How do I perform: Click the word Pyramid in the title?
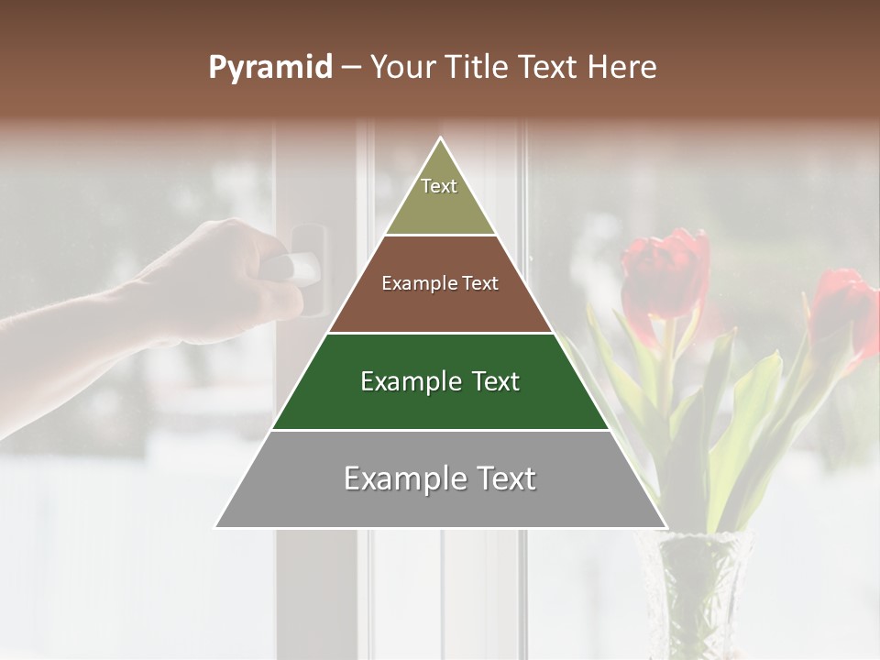(269, 68)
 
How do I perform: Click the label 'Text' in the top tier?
(439, 186)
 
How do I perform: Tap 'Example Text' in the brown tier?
(440, 283)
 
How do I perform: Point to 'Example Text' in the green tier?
(440, 381)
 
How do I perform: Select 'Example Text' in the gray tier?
(440, 478)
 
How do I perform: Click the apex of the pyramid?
(441, 138)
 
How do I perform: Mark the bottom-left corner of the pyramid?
(216, 526)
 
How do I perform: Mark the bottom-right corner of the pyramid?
(665, 526)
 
